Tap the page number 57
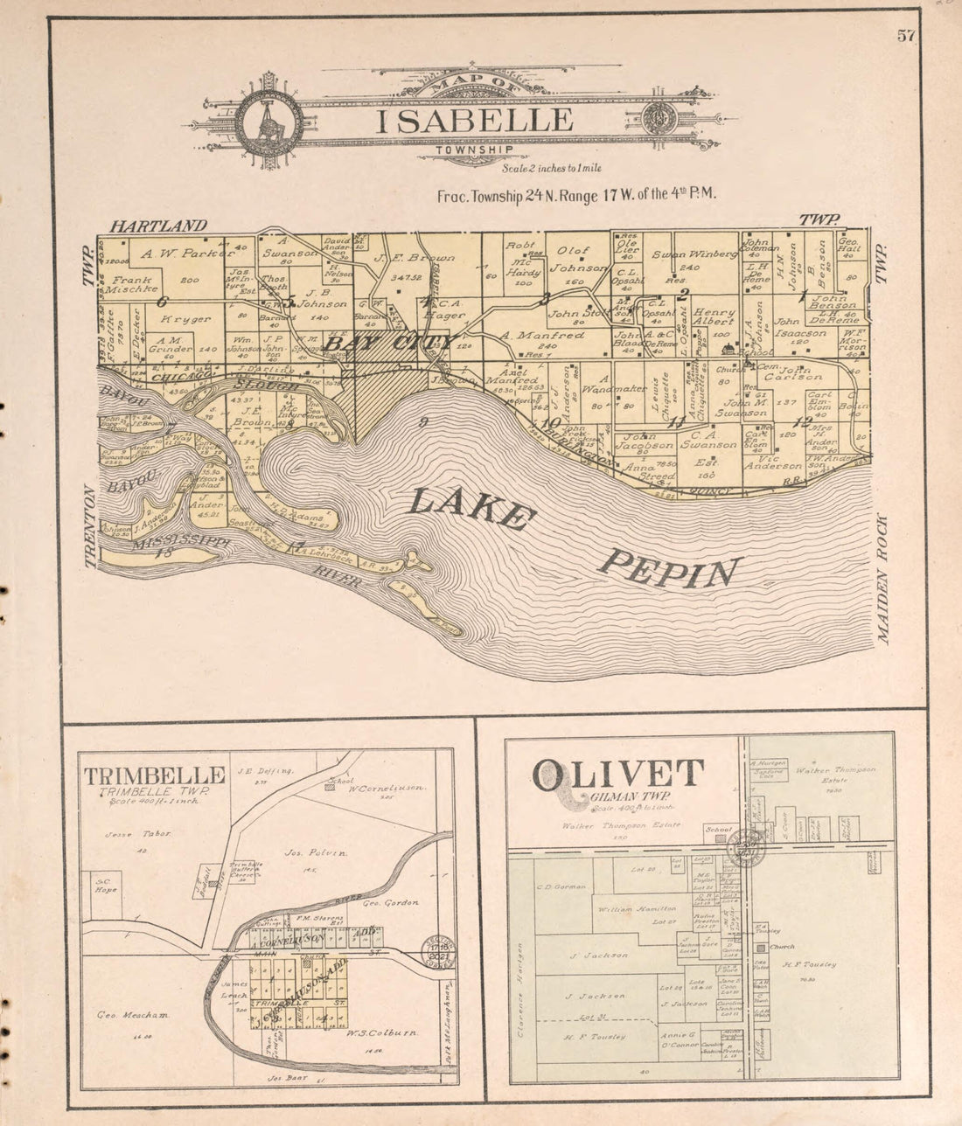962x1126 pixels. coord(904,36)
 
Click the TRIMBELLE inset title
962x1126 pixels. coord(154,775)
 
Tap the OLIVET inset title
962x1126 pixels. coord(618,775)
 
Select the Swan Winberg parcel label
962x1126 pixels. coord(695,254)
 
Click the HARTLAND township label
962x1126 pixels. coord(158,226)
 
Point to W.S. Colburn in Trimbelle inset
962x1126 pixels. coord(385,1032)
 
